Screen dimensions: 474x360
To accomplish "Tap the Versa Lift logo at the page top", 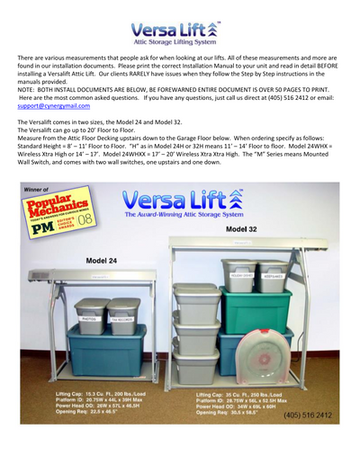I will (179, 34).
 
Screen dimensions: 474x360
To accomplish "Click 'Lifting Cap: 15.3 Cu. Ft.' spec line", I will (88, 393).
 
